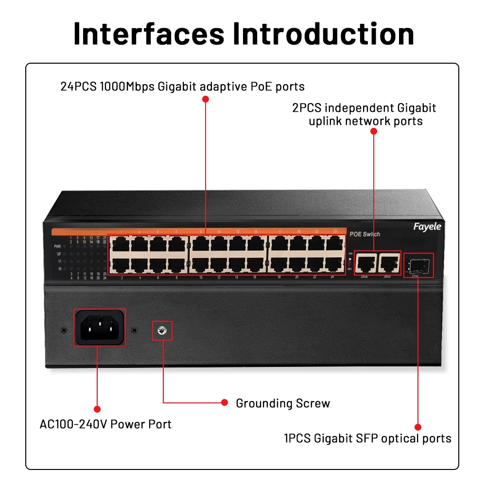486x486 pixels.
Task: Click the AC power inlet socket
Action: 100,328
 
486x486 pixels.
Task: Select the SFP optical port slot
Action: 418,265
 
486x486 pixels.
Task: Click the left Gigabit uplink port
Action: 365,263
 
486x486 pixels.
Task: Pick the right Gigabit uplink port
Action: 388,263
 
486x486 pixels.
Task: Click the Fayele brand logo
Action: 427,227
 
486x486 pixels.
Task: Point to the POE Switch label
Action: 365,234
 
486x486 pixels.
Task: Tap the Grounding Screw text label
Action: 283,403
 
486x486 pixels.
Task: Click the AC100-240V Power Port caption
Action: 105,424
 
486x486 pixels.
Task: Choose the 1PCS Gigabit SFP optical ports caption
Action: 368,438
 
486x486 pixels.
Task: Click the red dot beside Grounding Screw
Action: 225,402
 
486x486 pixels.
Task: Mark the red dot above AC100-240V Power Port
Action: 97,410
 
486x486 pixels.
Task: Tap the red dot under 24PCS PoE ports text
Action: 205,99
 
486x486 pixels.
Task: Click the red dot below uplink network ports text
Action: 373,131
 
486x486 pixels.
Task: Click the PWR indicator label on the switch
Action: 58,247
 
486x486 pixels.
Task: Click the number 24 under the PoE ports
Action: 332,277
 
